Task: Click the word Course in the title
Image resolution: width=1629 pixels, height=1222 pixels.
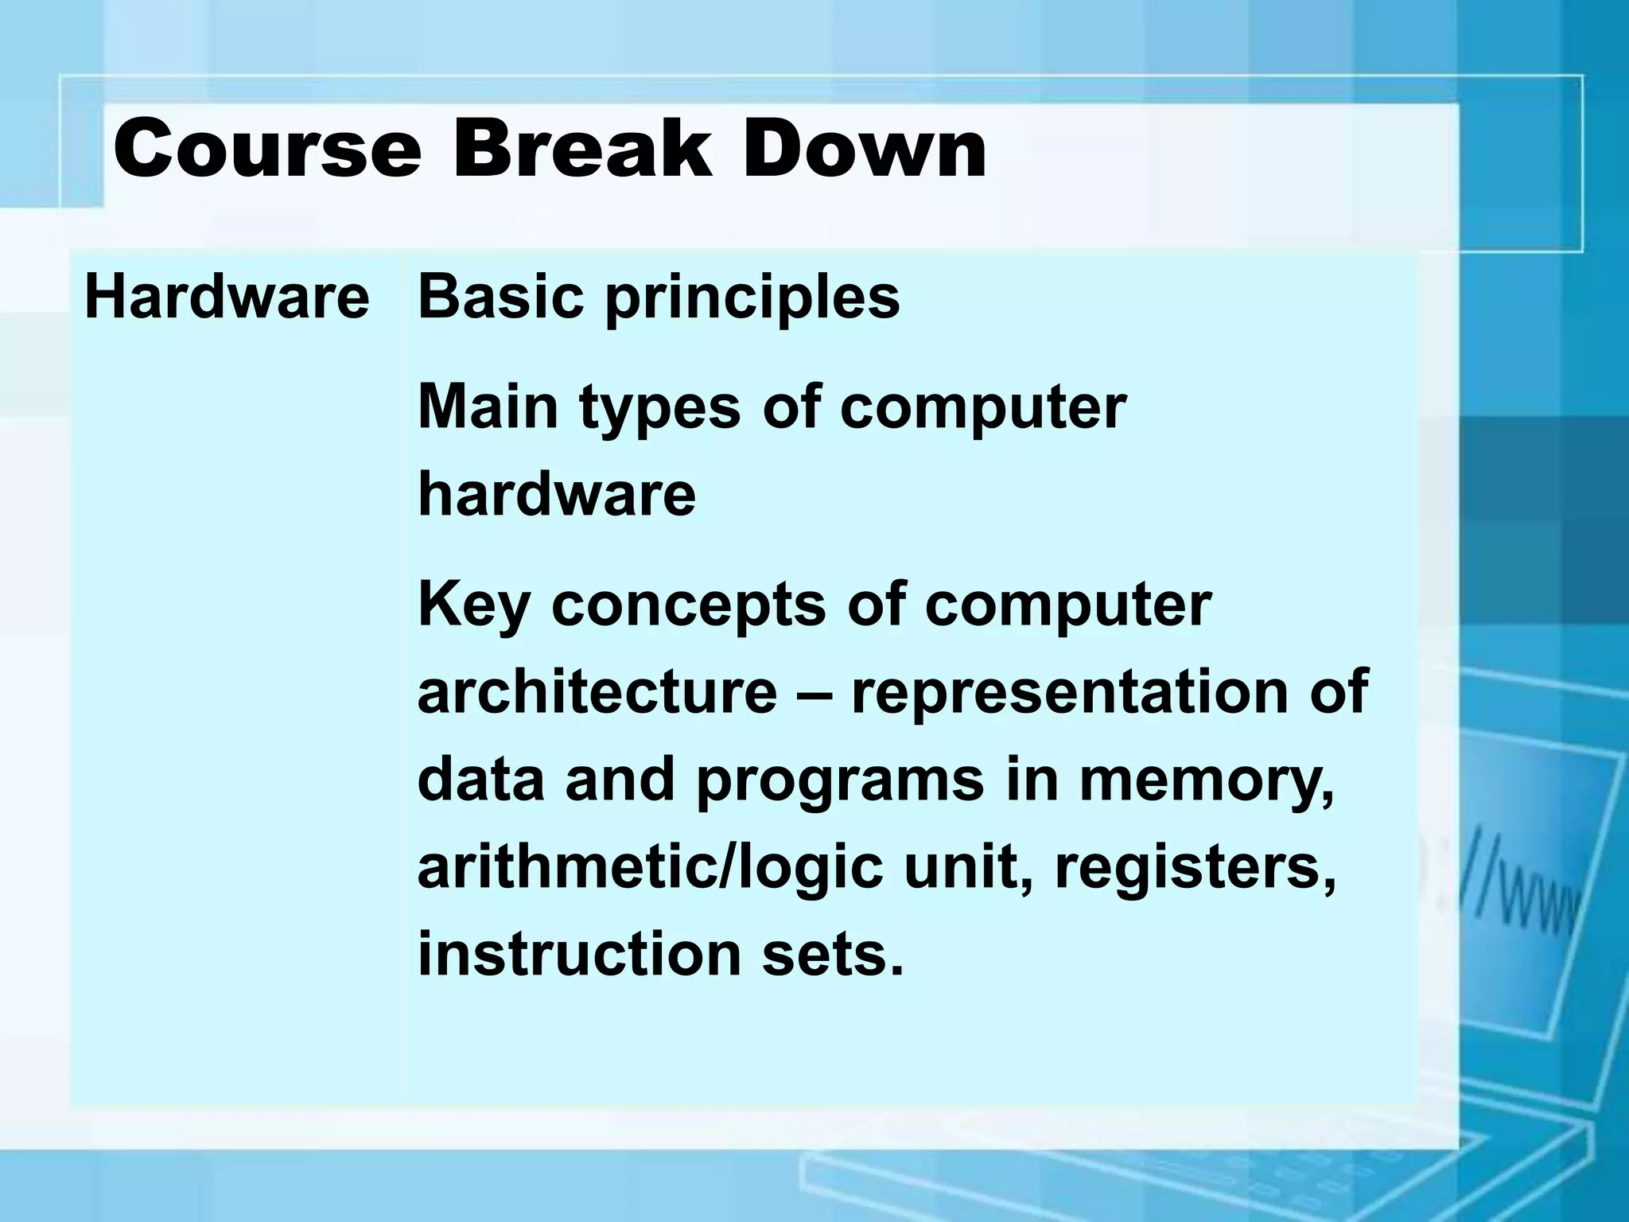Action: [266, 149]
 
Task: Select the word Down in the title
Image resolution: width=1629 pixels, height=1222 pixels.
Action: [863, 149]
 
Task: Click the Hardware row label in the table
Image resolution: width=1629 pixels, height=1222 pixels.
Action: [227, 298]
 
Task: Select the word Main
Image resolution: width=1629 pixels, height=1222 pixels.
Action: [490, 407]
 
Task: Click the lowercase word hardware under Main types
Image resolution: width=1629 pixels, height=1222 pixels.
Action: [556, 494]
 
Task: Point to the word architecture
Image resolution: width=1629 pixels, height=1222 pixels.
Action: [597, 691]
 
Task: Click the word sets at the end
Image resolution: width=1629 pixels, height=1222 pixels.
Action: [831, 954]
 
